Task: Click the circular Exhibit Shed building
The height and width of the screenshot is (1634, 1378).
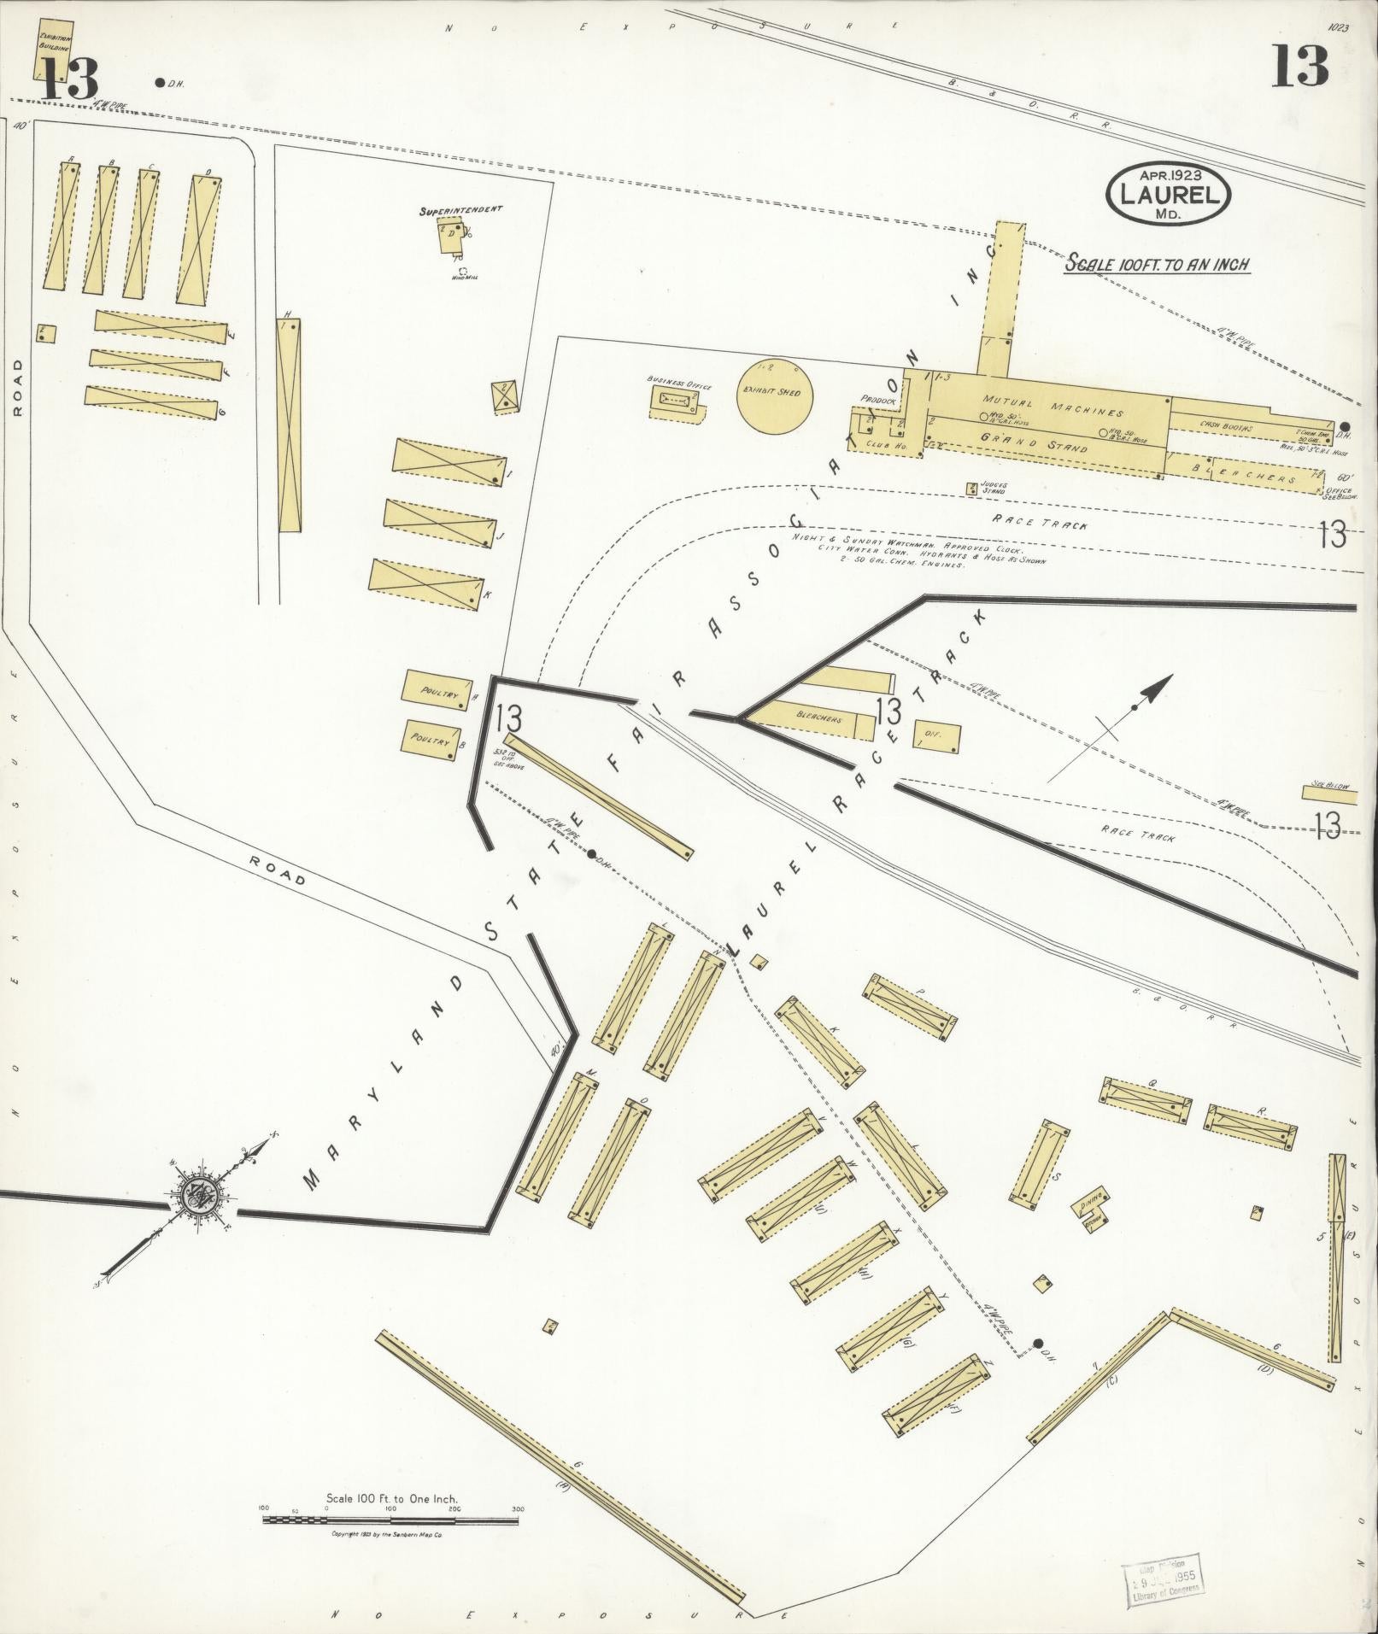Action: point(775,394)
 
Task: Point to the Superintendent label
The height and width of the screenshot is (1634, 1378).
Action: point(460,209)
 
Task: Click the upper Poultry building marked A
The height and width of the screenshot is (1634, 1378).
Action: point(438,689)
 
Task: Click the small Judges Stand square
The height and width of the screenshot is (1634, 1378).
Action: point(971,489)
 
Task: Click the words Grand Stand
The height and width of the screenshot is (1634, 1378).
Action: point(1034,443)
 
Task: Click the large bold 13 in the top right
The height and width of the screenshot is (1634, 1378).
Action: point(1299,66)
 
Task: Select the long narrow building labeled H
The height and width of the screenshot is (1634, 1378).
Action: point(290,425)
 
